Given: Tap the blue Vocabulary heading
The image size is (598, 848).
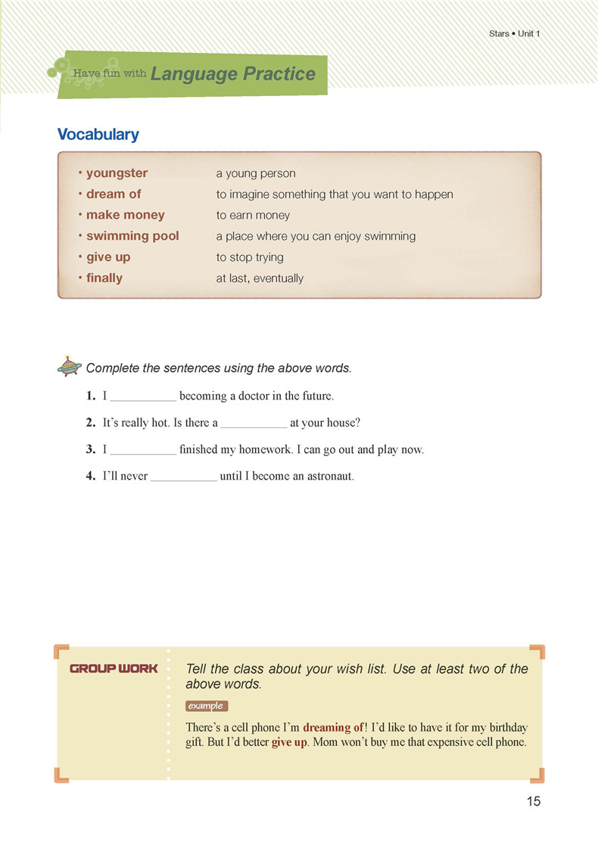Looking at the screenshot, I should tap(98, 135).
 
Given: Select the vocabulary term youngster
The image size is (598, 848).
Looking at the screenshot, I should tap(117, 173).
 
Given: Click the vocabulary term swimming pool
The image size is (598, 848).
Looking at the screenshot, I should tap(132, 236).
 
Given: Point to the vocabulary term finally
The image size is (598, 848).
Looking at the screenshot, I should tap(104, 278).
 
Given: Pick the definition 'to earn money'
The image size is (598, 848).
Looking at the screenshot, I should tap(253, 216).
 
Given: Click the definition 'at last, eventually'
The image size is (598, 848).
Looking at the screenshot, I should tap(260, 278).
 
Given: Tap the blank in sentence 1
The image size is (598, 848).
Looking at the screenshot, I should tap(143, 396).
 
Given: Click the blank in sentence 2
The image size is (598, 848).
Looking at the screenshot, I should tap(254, 424).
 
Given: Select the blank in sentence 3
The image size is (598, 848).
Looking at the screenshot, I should tap(143, 450).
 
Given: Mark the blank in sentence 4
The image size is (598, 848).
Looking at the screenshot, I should tap(183, 477).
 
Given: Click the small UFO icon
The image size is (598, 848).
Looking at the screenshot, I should tap(70, 367).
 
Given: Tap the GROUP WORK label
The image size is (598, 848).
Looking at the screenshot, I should tap(114, 669).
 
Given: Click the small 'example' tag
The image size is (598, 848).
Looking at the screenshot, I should tap(206, 706).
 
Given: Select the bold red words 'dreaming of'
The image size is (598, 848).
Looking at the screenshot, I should tap(333, 728).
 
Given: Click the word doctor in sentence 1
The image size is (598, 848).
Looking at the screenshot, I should tap(262, 396).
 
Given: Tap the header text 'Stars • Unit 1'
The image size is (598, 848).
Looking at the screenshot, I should tap(515, 34).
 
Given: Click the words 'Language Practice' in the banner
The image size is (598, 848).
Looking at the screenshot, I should tap(233, 74).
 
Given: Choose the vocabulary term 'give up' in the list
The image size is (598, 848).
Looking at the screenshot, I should tap(108, 257).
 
